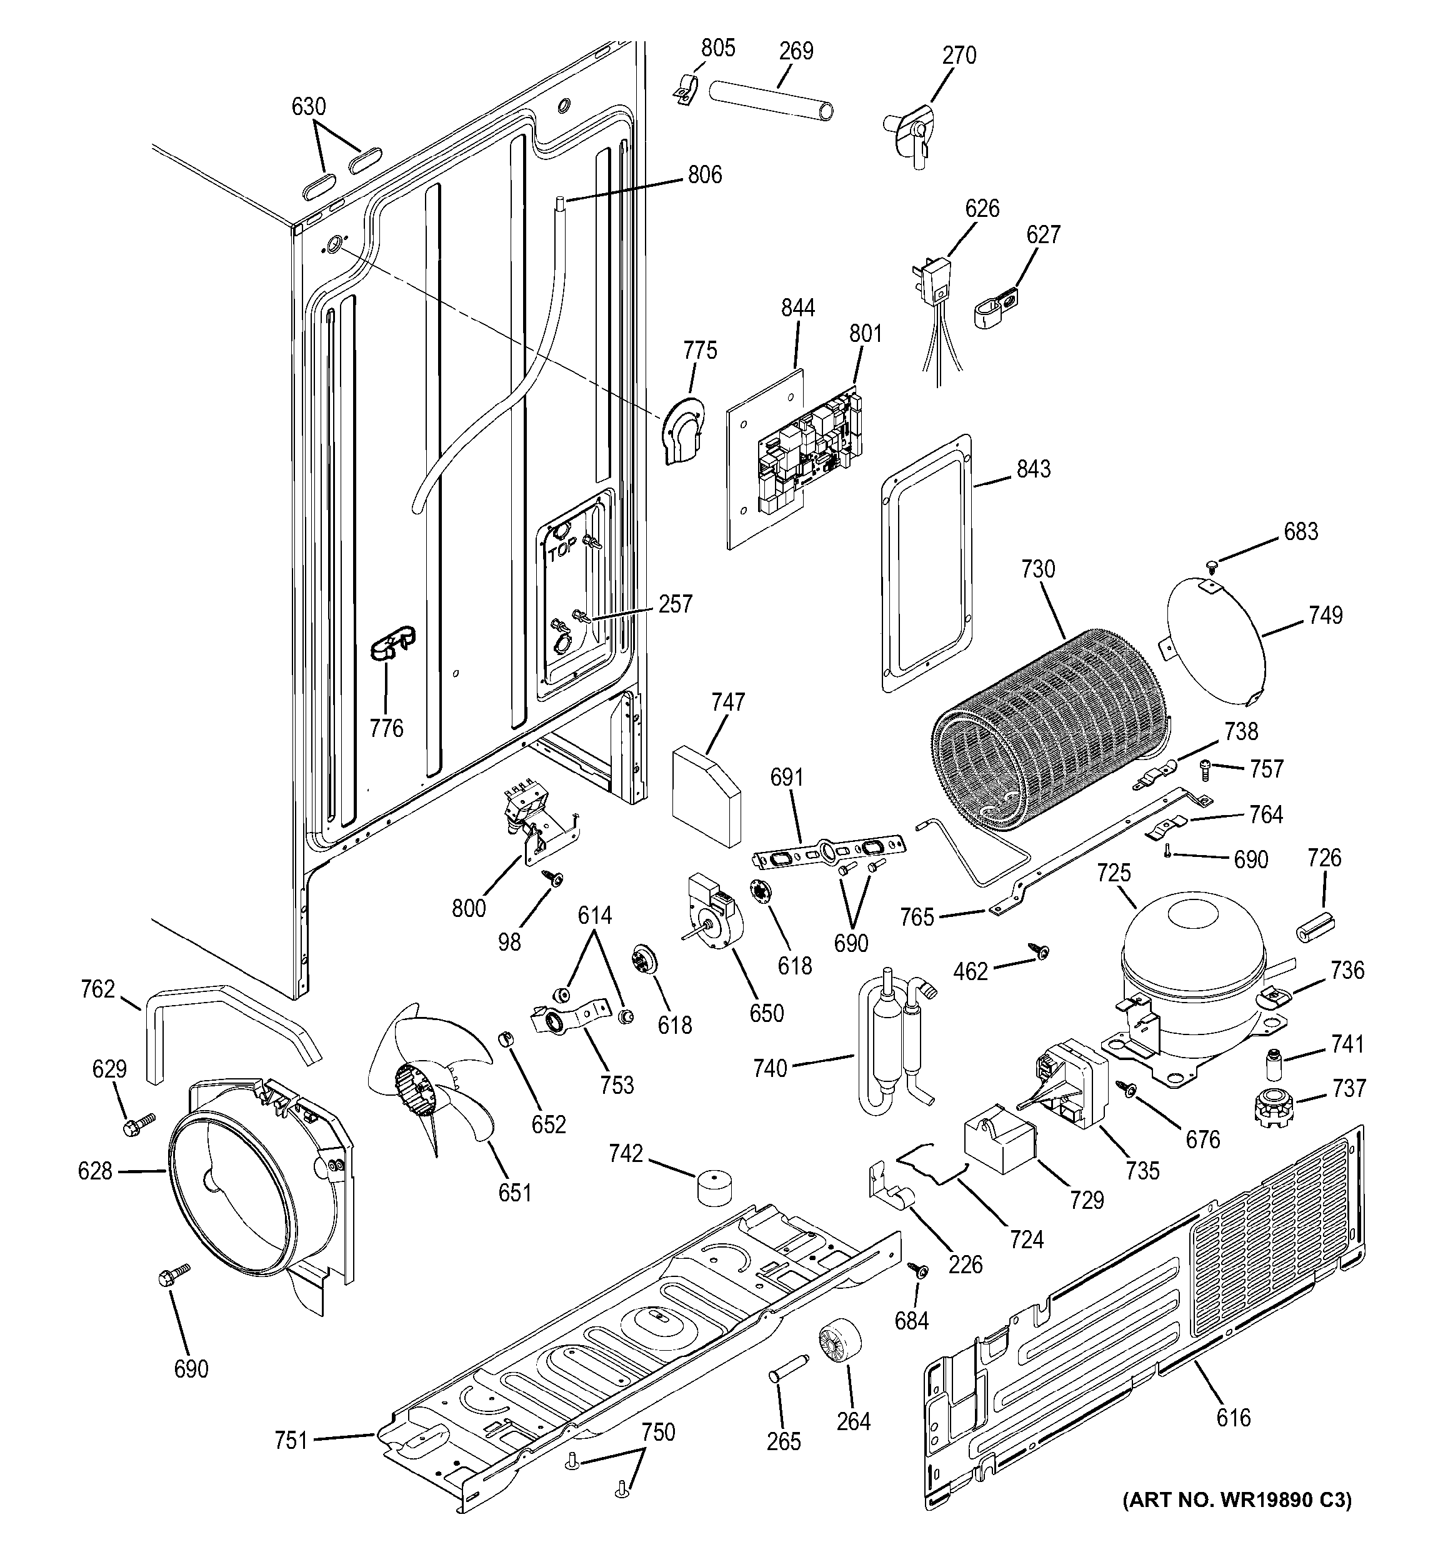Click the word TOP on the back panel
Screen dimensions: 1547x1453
coord(562,553)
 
